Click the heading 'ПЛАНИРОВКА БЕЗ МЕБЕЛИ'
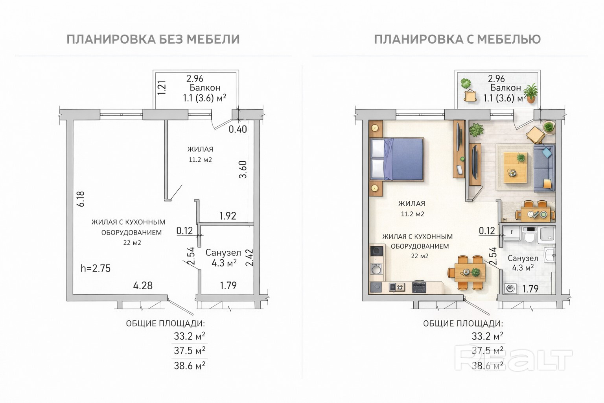coord(153,39)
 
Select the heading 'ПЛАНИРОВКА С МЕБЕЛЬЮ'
coord(457,39)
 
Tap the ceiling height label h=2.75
coord(96,268)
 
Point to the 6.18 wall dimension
coord(81,199)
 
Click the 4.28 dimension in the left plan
coord(143,285)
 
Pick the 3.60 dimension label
coord(243,170)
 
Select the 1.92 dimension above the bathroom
coord(228,216)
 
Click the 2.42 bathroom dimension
coord(249,257)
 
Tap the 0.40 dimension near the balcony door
coord(238,129)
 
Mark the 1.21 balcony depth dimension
coord(162,88)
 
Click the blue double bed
coord(397,159)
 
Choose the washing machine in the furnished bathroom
coord(510,289)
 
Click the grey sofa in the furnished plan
coord(544,168)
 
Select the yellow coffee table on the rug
coord(515,167)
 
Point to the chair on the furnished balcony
coord(470,96)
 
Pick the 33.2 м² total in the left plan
coord(190,336)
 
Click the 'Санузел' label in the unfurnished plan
coord(223,253)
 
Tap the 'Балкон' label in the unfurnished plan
coord(205,88)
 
